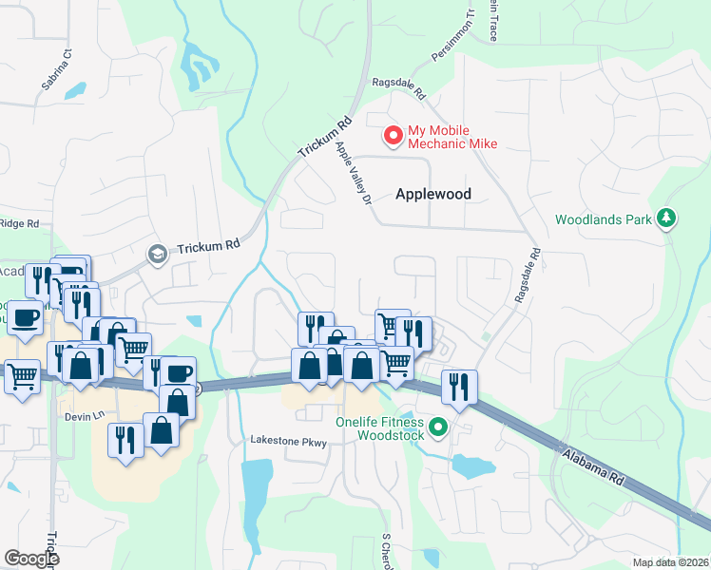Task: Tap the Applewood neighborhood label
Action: pyautogui.click(x=433, y=194)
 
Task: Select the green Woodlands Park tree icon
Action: pyautogui.click(x=666, y=218)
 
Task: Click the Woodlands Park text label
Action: pyautogui.click(x=604, y=219)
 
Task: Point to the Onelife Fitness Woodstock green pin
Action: pyautogui.click(x=438, y=427)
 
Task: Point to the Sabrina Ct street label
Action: pyautogui.click(x=56, y=70)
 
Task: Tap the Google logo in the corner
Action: pyautogui.click(x=31, y=559)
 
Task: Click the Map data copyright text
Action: pyautogui.click(x=671, y=562)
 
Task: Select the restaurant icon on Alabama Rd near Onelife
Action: pyautogui.click(x=459, y=386)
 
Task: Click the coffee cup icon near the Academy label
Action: pyautogui.click(x=25, y=316)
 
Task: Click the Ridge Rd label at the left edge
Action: pyautogui.click(x=19, y=224)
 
